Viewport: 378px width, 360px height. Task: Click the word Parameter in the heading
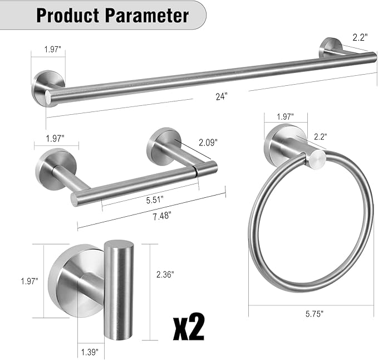146,15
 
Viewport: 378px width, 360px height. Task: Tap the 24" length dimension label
222,96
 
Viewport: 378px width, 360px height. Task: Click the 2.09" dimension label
208,143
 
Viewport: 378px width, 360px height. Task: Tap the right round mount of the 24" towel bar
330,47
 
